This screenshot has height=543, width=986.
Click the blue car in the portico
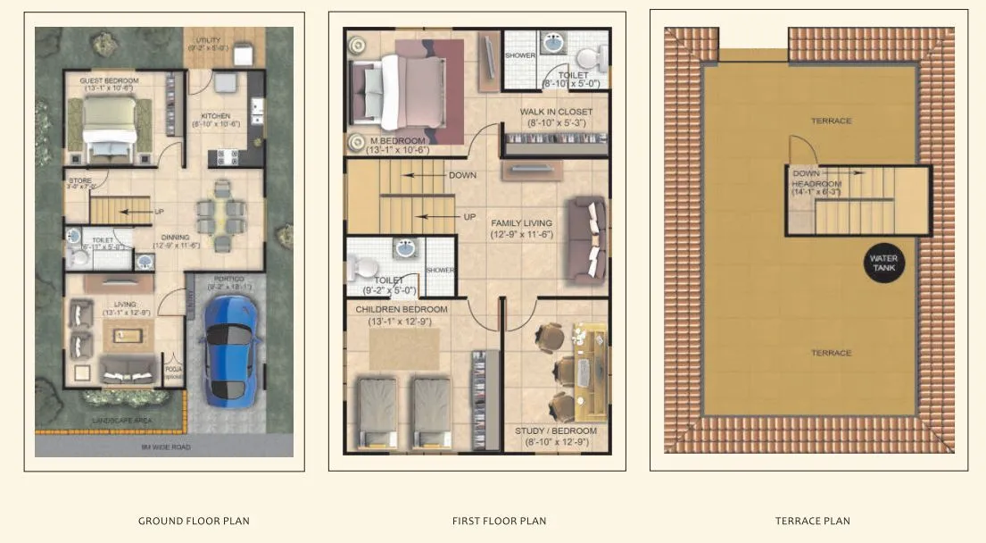point(230,348)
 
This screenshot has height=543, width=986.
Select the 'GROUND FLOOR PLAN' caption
point(194,521)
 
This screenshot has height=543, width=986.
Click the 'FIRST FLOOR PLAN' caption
point(500,521)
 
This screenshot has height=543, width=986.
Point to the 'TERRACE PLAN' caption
point(813,521)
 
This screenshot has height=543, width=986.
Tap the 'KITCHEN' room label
point(216,116)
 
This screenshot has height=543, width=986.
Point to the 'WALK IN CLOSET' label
point(554,112)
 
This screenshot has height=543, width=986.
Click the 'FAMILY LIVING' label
point(521,223)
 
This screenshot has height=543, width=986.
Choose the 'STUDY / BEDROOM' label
point(556,431)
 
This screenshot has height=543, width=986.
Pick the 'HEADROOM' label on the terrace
point(816,184)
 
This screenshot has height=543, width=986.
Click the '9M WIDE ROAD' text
point(165,447)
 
